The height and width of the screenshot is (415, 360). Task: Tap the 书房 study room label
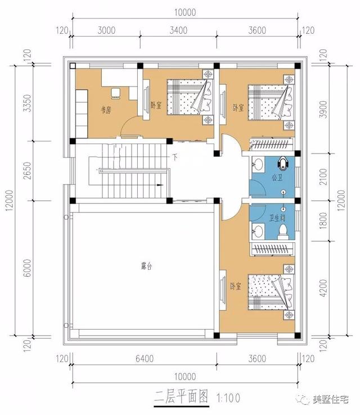tap(106, 110)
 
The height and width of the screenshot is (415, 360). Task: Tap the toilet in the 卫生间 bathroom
tap(285, 230)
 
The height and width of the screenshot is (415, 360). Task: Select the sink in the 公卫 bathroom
tap(258, 165)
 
